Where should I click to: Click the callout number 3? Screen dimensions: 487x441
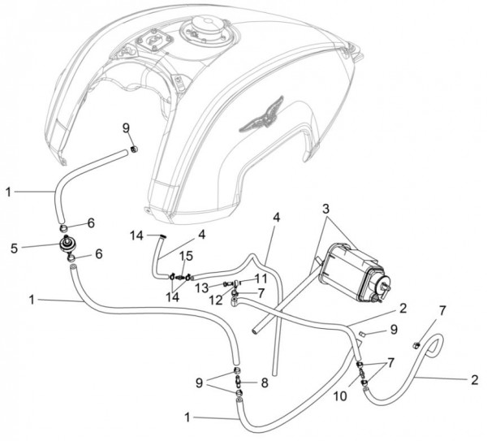click(x=325, y=210)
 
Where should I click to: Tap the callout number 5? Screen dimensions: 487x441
click(x=14, y=249)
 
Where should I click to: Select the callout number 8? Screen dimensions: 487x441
click(x=265, y=383)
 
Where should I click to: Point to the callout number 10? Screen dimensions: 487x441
click(x=340, y=396)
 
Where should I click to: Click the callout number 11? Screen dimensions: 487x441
click(x=261, y=279)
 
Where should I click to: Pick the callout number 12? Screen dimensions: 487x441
click(x=216, y=300)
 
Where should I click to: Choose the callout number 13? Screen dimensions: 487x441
click(x=202, y=288)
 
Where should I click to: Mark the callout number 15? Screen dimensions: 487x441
click(x=187, y=256)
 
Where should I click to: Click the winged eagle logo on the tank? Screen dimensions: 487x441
click(x=261, y=116)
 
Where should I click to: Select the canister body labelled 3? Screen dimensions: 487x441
click(x=354, y=272)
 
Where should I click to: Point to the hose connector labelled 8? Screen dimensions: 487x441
click(x=239, y=381)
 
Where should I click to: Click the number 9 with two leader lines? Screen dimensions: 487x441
click(x=199, y=383)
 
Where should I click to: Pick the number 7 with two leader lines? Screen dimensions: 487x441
click(x=390, y=363)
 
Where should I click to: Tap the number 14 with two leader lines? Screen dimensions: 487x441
click(x=172, y=297)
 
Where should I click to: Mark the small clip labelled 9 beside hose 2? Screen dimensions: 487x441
click(x=361, y=334)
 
